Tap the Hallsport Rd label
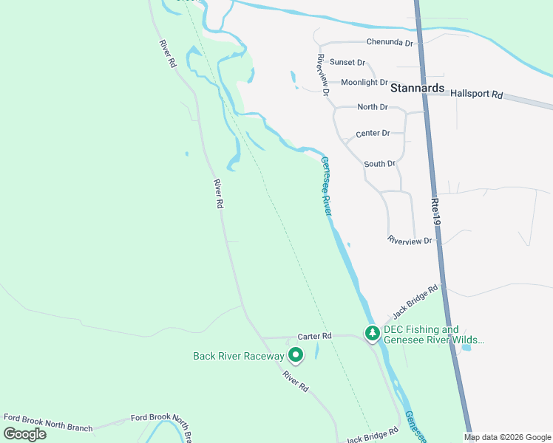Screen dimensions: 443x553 [476, 95]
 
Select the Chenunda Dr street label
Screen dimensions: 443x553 [389, 44]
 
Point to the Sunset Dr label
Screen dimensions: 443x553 [347, 63]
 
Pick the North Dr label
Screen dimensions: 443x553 [373, 107]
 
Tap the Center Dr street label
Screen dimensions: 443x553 [373, 134]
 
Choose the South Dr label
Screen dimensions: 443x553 [380, 163]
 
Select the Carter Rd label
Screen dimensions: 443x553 [315, 336]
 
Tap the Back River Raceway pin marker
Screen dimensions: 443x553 [296, 356]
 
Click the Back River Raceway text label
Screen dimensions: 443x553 [238, 356]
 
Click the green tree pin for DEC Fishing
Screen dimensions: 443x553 [373, 334]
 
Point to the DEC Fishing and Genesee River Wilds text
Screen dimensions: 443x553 [433, 335]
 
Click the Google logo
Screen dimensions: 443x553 [25, 433]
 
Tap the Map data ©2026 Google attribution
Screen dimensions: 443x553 [507, 437]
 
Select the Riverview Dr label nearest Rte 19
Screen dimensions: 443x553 [410, 241]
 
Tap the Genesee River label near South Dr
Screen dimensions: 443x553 [326, 186]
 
